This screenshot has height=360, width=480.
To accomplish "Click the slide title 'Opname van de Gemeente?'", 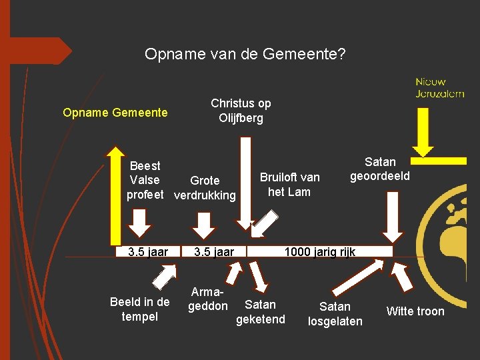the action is click(245, 54).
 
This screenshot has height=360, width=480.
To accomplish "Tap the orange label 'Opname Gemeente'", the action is click(115, 113).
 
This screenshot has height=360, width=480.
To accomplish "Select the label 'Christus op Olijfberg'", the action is click(241, 111).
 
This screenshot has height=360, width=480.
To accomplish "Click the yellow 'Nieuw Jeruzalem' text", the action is click(439, 87).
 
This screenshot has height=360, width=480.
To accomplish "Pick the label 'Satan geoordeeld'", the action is click(380, 169).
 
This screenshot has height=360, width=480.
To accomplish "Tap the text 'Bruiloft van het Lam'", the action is click(289, 185).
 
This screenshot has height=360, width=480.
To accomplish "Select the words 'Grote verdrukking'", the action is click(205, 188).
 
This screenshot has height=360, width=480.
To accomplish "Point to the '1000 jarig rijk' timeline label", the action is click(320, 252).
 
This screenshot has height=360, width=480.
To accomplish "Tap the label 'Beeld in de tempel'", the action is click(140, 309).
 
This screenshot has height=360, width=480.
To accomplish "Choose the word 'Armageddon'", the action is click(207, 299).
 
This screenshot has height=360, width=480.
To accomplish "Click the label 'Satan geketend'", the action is click(260, 312).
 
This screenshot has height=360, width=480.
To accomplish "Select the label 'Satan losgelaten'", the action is click(335, 313).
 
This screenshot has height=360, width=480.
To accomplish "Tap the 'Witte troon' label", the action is click(415, 311).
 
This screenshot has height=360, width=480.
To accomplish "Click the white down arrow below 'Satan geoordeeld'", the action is click(393, 218).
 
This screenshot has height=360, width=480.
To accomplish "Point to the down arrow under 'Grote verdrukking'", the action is click(202, 223).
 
